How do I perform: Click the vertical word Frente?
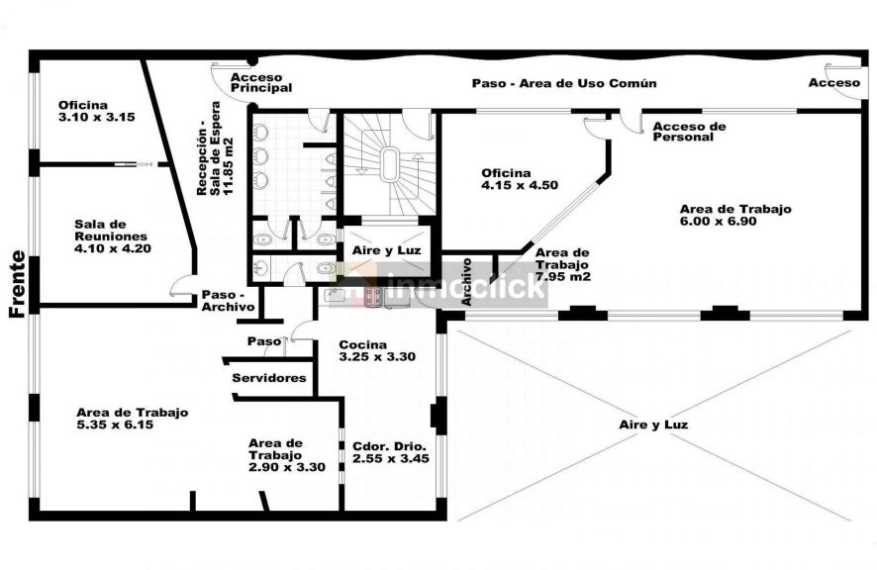tap(18, 285)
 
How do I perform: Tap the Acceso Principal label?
tap(261, 83)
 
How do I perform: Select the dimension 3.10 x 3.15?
tap(97, 118)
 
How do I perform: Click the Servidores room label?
tap(269, 378)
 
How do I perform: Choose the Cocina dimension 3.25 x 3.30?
tap(377, 357)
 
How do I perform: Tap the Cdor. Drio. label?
tap(389, 447)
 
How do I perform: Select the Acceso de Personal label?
tap(689, 132)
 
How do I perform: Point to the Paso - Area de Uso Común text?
tap(564, 83)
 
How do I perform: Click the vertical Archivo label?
tap(466, 281)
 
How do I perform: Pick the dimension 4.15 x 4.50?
tap(520, 185)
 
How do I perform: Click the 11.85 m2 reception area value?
tap(228, 166)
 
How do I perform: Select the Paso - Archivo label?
tap(229, 301)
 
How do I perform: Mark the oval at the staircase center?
tap(389, 164)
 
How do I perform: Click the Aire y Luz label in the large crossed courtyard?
tap(653, 425)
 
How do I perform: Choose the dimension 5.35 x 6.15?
tap(115, 426)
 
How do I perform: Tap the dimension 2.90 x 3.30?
tap(287, 468)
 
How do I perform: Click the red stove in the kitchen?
tap(373, 297)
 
